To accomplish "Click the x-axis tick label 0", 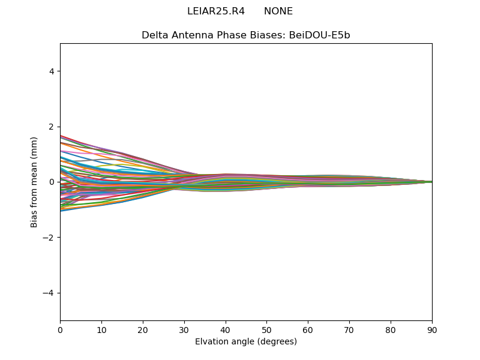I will tap(60, 329).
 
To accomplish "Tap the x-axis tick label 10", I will tap(101, 329).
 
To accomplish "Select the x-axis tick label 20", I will tap(143, 329).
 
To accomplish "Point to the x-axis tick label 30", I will tap(184, 329).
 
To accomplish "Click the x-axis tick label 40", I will tap(226, 329).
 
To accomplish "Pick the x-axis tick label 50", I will tap(266, 329).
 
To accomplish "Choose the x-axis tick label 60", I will tap(308, 329).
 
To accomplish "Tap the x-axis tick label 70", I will tap(349, 329).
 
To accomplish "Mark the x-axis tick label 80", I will tap(391, 329).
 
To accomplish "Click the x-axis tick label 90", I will tap(432, 329).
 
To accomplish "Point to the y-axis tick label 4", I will tap(52, 71).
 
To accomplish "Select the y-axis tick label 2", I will tap(52, 127).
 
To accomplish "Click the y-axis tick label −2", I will tap(49, 238).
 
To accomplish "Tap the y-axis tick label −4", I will tap(49, 293).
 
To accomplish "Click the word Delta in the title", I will tap(154, 35).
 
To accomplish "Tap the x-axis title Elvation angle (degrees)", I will tap(246, 342).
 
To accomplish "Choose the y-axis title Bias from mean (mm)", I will tap(35, 182).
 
